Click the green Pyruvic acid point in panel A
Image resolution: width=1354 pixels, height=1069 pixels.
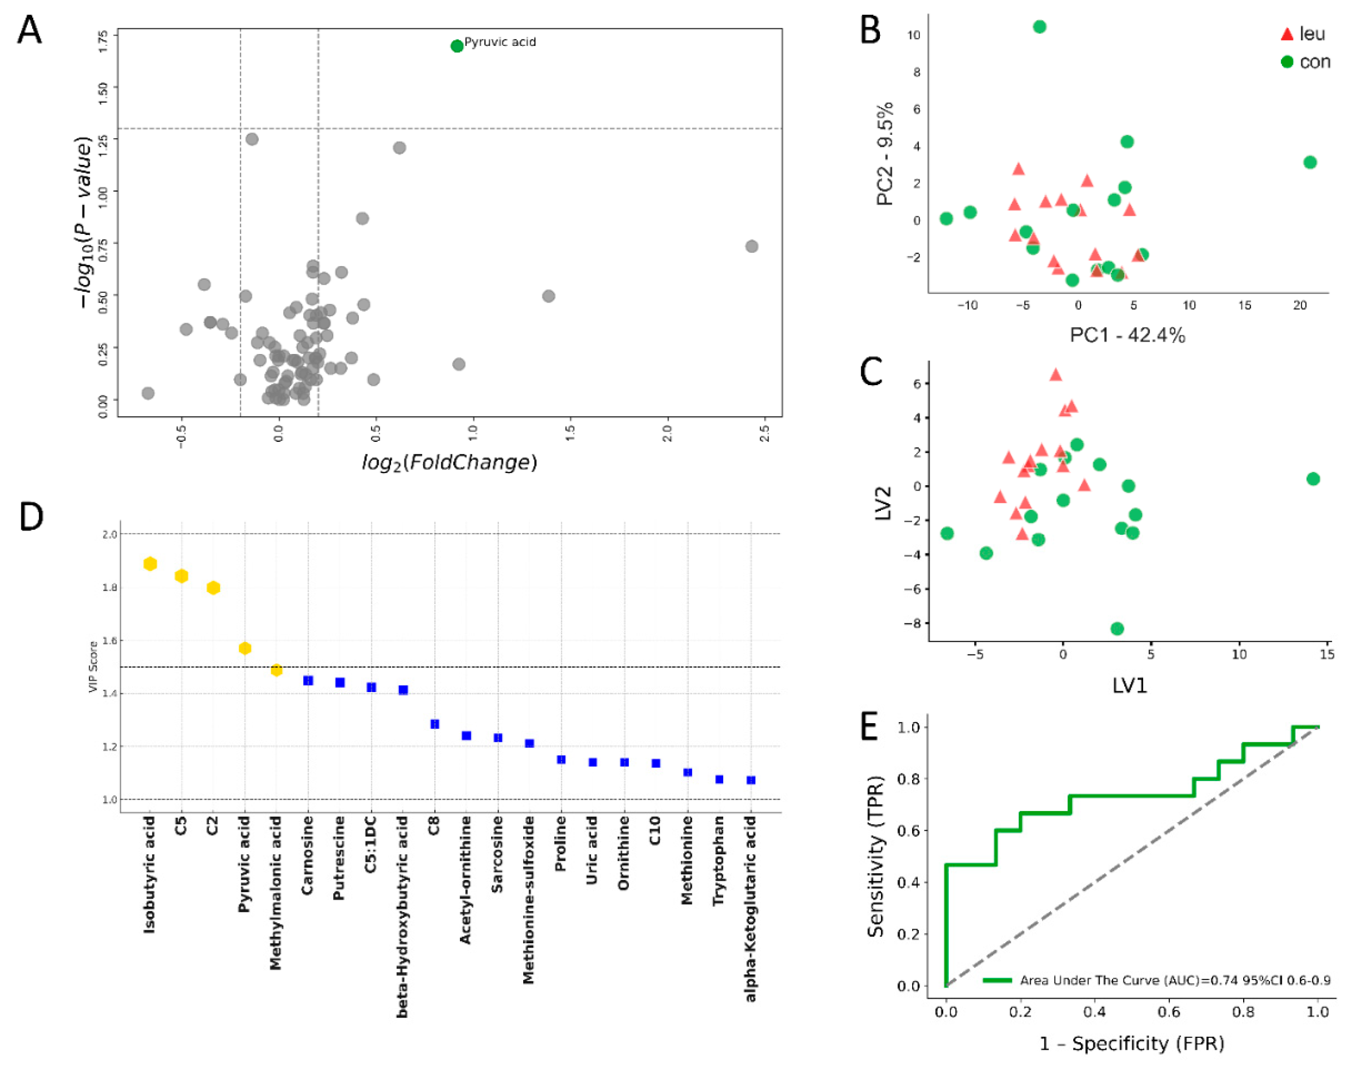[457, 46]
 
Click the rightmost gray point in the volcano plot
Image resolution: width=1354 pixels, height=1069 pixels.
[752, 246]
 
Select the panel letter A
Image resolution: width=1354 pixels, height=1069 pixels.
[29, 30]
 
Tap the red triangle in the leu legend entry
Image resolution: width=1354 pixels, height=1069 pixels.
[1286, 34]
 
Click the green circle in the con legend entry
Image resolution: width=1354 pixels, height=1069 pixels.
[1286, 61]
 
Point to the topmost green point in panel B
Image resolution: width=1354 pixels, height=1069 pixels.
[1039, 27]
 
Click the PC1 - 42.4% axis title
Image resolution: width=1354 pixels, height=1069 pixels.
[1127, 335]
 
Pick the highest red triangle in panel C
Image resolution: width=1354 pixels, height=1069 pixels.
[1056, 375]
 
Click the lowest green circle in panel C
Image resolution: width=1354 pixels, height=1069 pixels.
[1117, 628]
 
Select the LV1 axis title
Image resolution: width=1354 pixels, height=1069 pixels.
[1130, 686]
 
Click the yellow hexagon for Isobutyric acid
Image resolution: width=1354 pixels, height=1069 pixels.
[150, 564]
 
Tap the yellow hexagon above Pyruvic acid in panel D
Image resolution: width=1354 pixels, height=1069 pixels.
[245, 648]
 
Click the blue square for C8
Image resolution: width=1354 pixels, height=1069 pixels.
[435, 724]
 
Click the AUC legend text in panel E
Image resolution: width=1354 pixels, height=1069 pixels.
[1174, 980]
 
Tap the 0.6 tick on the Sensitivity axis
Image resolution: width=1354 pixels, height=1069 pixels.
[908, 830]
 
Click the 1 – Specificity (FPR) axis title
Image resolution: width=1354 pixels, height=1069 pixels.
[1131, 1043]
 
